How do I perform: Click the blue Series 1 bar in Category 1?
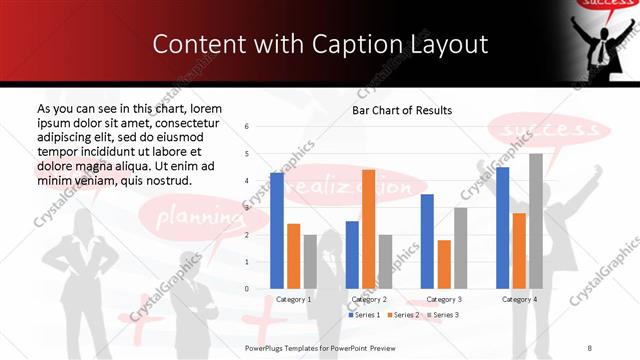(x=277, y=230)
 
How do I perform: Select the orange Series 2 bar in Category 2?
(x=368, y=229)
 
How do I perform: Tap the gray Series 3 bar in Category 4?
(x=536, y=221)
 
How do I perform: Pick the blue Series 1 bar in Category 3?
(x=427, y=241)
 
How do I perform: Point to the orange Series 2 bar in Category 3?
(x=444, y=264)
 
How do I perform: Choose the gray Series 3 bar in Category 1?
(x=310, y=261)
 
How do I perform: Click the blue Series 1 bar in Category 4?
(x=502, y=227)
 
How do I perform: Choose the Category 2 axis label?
(x=368, y=299)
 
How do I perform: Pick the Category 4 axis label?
(x=519, y=299)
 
